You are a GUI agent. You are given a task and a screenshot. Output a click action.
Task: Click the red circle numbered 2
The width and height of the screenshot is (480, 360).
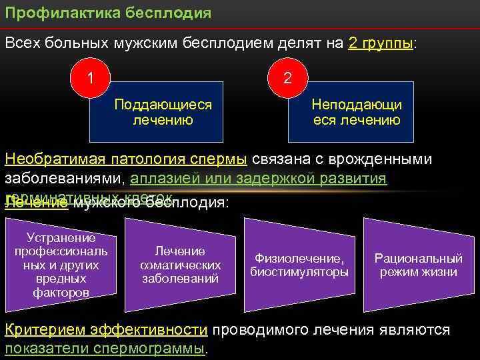coord(287,77)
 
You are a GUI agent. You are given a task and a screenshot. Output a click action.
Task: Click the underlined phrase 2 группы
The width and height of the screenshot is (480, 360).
coord(381,43)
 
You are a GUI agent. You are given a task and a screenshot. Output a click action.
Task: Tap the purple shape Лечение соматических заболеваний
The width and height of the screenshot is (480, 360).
coord(180,265)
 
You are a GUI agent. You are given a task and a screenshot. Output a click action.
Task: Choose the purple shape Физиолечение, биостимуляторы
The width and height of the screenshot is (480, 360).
coord(299,265)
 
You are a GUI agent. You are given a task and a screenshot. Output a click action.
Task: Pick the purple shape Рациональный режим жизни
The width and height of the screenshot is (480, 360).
coord(418,265)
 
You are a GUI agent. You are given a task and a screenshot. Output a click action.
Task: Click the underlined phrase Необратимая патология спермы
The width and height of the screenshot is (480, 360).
coord(126,160)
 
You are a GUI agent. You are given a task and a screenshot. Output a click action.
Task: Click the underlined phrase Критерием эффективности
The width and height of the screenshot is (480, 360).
coord(107,330)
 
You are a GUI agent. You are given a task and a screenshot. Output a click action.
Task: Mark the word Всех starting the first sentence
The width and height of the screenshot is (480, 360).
coord(23,43)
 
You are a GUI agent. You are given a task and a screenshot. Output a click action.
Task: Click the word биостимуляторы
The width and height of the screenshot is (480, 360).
coord(299,272)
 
